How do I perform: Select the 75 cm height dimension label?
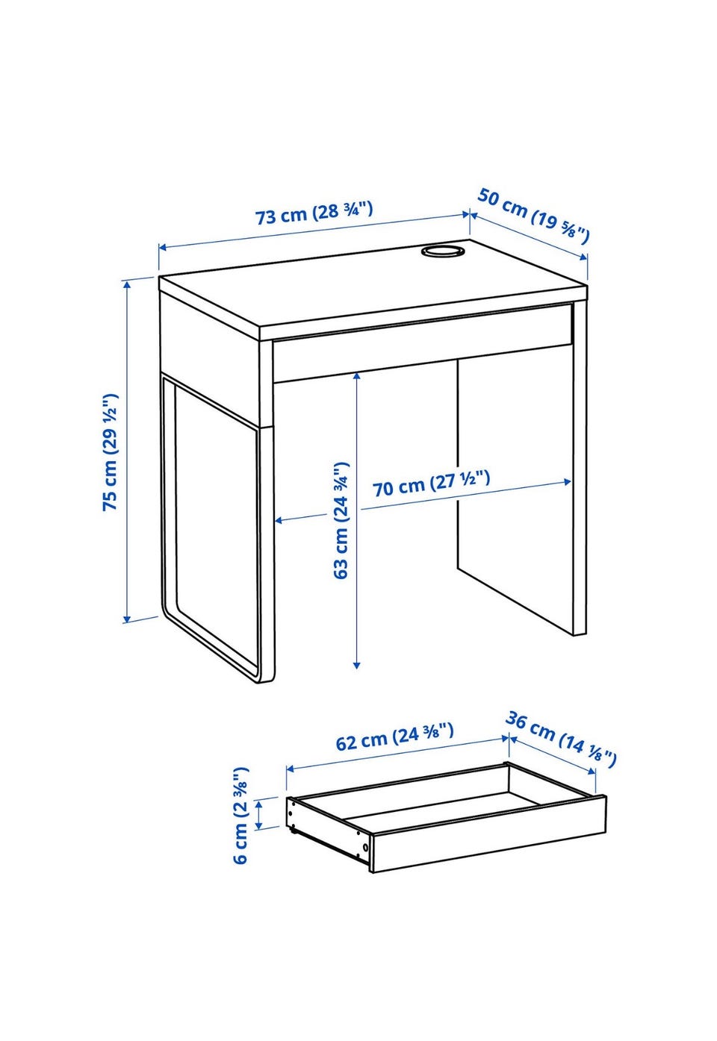click(x=111, y=452)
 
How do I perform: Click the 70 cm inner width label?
click(x=431, y=484)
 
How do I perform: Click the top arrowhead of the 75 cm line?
click(x=127, y=284)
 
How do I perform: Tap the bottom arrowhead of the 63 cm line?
click(x=356, y=666)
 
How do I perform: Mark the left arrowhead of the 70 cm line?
click(x=279, y=521)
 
